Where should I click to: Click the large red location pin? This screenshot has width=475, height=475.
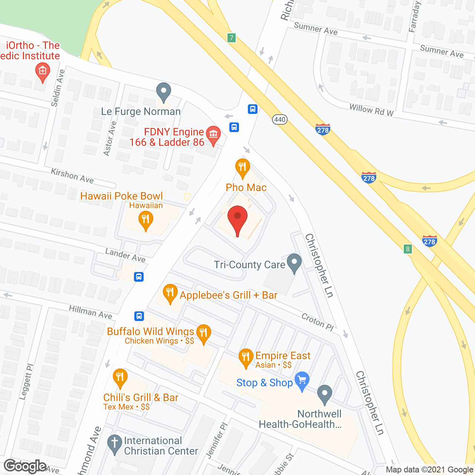pos(237,219)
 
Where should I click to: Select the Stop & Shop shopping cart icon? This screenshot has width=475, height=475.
pos(302,380)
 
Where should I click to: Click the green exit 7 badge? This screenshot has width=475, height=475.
pos(232,38)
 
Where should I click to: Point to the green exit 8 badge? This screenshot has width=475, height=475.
pos(408,249)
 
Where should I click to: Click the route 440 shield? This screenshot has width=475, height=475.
pos(279,119)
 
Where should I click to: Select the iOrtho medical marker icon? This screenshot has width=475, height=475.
pos(42,71)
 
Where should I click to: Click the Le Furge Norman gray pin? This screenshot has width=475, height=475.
pos(163,91)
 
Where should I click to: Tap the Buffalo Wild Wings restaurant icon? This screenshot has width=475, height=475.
pos(203,333)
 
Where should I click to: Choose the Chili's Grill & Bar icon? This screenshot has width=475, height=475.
pos(119,378)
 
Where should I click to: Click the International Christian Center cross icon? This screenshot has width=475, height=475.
pos(114,444)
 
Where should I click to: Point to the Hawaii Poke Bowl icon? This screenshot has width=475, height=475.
pos(145,220)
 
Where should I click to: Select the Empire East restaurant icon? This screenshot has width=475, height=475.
pos(246,357)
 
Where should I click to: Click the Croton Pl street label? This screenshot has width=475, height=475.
pos(318,321)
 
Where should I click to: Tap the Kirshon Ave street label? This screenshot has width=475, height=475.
pos(72,176)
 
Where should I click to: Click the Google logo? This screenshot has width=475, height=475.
pos(26,466)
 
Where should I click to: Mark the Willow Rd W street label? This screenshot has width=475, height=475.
pos(371,110)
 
